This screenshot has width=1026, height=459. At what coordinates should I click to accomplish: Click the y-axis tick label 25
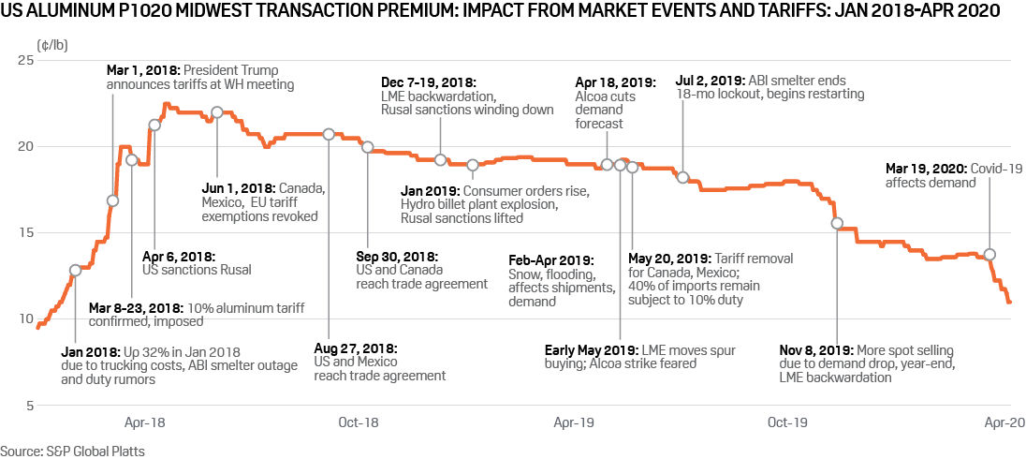click(24, 60)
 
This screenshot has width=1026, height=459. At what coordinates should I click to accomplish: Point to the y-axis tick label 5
click(28, 406)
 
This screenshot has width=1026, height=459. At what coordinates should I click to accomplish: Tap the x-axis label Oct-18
click(358, 422)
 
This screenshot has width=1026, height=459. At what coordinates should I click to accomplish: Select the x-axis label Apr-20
click(996, 422)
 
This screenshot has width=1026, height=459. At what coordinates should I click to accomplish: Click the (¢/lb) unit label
click(50, 44)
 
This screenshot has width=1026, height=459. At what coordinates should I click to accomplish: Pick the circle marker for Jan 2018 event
click(76, 271)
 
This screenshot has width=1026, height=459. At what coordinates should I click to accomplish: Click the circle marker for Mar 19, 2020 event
click(990, 255)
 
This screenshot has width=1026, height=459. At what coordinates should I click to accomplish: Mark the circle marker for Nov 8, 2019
click(837, 223)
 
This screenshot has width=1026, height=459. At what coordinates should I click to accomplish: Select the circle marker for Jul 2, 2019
click(683, 178)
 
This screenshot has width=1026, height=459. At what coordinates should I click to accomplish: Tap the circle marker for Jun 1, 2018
click(217, 112)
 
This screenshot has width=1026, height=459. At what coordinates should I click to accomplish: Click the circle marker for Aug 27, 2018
click(329, 134)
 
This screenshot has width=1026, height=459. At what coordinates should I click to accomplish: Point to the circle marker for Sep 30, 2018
click(368, 147)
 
